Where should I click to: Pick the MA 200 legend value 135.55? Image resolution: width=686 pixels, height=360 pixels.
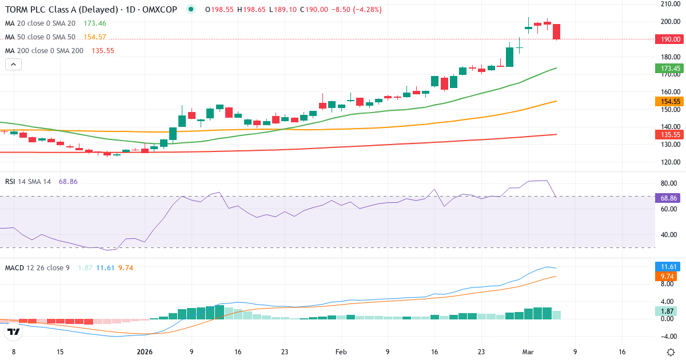(102, 50)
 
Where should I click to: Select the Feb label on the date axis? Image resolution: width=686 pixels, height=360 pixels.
(341, 352)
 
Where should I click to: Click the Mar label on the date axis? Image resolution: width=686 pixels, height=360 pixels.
(528, 352)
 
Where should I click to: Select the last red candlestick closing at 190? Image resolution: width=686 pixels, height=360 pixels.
(556, 32)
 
